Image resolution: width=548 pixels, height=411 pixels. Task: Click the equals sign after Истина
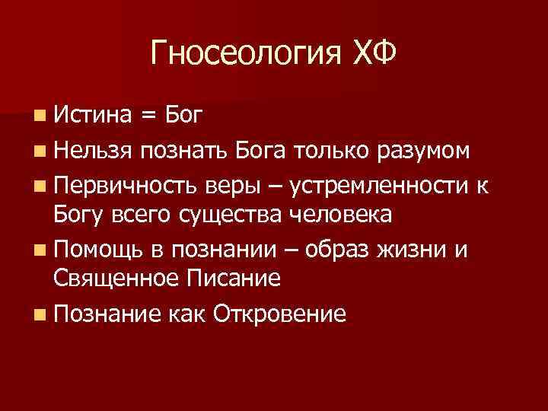coord(150,116)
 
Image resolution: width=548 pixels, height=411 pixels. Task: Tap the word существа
coord(233,215)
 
